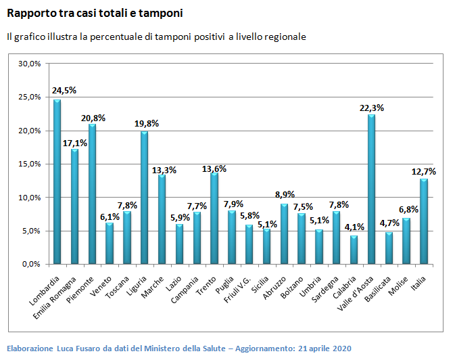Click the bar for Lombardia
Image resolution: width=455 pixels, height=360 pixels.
pos(57,183)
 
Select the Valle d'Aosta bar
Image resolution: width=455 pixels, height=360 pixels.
pos(371,189)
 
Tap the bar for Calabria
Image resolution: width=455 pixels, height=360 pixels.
pos(354,250)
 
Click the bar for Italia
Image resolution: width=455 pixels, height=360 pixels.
pos(424,221)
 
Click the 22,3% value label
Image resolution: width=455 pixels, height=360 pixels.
pos(372,107)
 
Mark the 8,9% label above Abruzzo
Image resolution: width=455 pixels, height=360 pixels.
pos(284,195)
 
